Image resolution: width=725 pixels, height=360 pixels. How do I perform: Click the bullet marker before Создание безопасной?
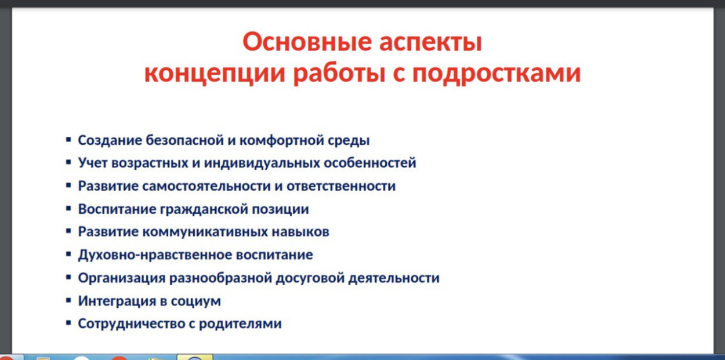point(68,140)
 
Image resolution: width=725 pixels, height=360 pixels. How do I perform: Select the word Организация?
point(121,278)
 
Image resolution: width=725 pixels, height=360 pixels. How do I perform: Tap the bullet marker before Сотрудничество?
point(68,323)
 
